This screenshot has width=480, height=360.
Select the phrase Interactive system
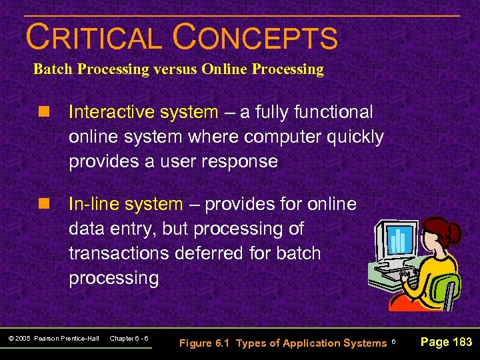pos(143,112)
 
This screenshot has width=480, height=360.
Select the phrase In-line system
pos(125,204)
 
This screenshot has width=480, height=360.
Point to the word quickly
pos(352,137)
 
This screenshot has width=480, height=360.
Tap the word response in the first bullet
pos(243,161)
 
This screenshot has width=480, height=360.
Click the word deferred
pos(235,253)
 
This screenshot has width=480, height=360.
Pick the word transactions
pos(122,253)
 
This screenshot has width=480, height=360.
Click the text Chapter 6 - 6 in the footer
pos(129,339)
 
